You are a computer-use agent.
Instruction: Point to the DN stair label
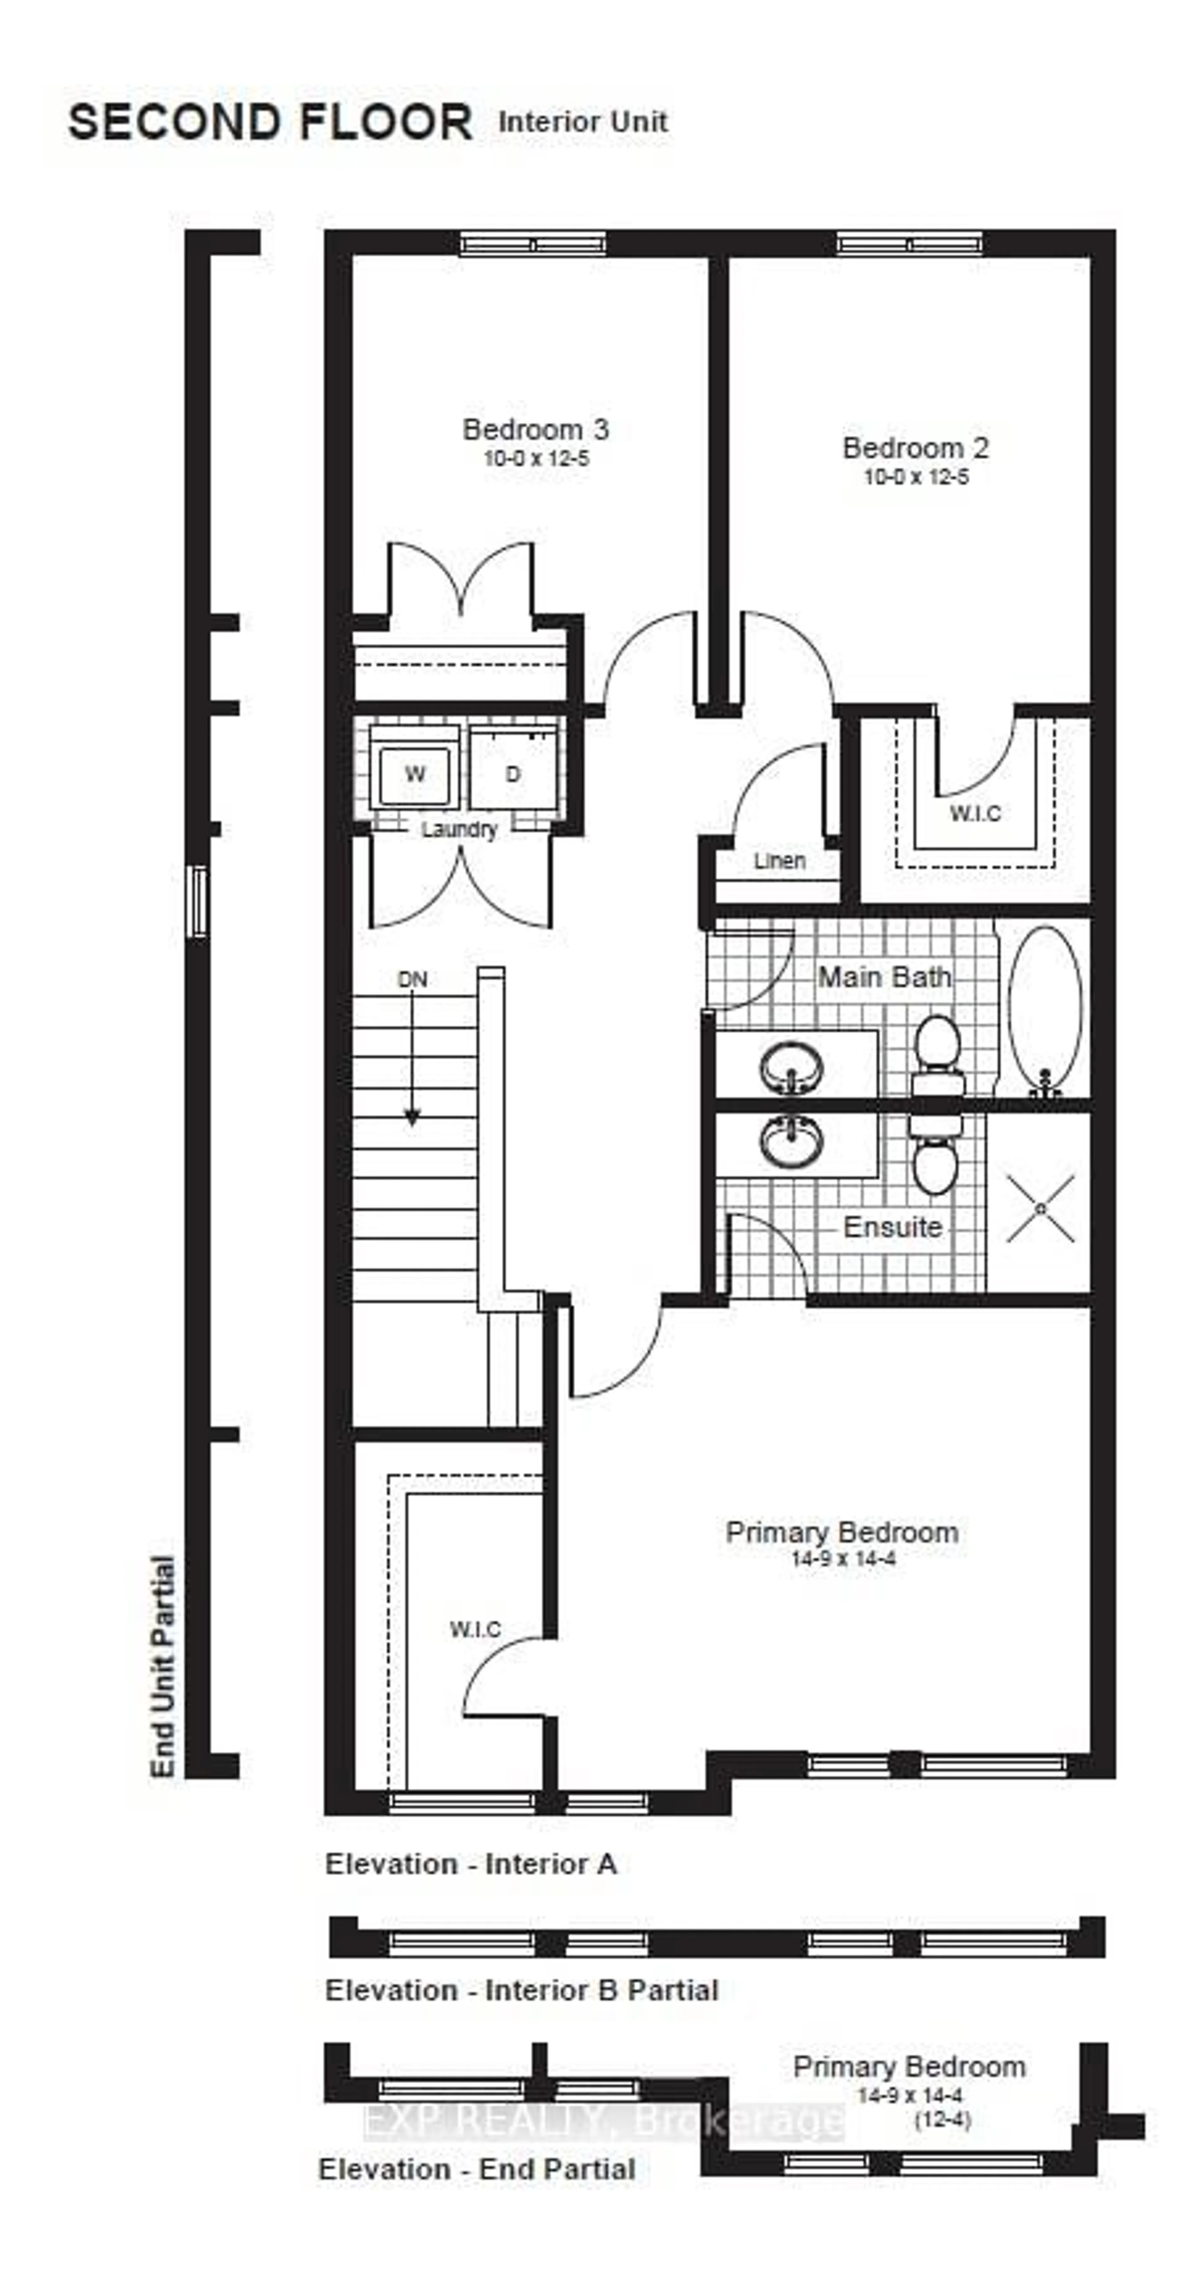coord(412,979)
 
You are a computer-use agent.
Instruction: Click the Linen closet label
coord(779,861)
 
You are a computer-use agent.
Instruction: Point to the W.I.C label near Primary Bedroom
coord(475,1629)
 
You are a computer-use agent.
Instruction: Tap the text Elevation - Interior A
coord(471,1863)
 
